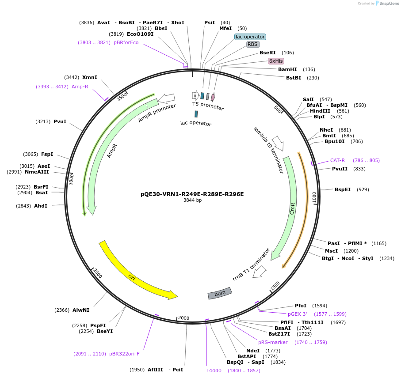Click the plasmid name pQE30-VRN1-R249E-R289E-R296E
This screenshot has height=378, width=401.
[x=192, y=194]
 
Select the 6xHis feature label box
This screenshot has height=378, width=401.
[x=276, y=61]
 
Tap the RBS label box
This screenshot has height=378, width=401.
[x=252, y=44]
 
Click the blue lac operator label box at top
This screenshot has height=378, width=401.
[x=250, y=37]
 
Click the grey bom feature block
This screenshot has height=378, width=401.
[x=220, y=293]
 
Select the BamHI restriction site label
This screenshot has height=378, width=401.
[x=287, y=69]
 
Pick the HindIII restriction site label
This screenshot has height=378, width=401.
[x=320, y=111]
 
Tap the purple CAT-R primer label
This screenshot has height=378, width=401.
[x=337, y=160]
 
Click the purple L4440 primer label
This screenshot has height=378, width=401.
[x=214, y=370]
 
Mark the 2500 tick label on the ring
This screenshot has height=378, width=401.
[x=98, y=273]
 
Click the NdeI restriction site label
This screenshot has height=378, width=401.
[x=253, y=351]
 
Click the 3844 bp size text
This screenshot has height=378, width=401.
[x=192, y=200]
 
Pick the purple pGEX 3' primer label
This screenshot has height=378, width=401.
[x=297, y=314]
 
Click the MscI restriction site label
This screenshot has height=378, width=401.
[x=332, y=251]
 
